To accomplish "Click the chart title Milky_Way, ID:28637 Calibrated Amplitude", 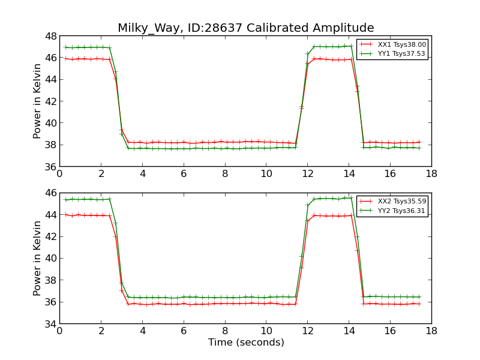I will (245, 28).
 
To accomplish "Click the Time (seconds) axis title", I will (246, 343).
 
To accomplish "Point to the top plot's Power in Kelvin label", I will (38, 101).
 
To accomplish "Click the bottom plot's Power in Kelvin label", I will (38, 259).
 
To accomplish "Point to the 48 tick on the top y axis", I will (50, 36).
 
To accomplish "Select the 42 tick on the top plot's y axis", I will (50, 101).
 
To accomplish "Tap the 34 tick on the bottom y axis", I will (50, 324).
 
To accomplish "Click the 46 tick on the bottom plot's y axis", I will (50, 193).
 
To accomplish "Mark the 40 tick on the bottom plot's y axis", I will (50, 259).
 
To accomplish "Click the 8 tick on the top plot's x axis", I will (225, 174).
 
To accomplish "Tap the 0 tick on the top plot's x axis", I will (59, 174).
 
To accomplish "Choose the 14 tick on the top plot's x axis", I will (349, 174).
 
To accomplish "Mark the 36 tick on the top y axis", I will (50, 167).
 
